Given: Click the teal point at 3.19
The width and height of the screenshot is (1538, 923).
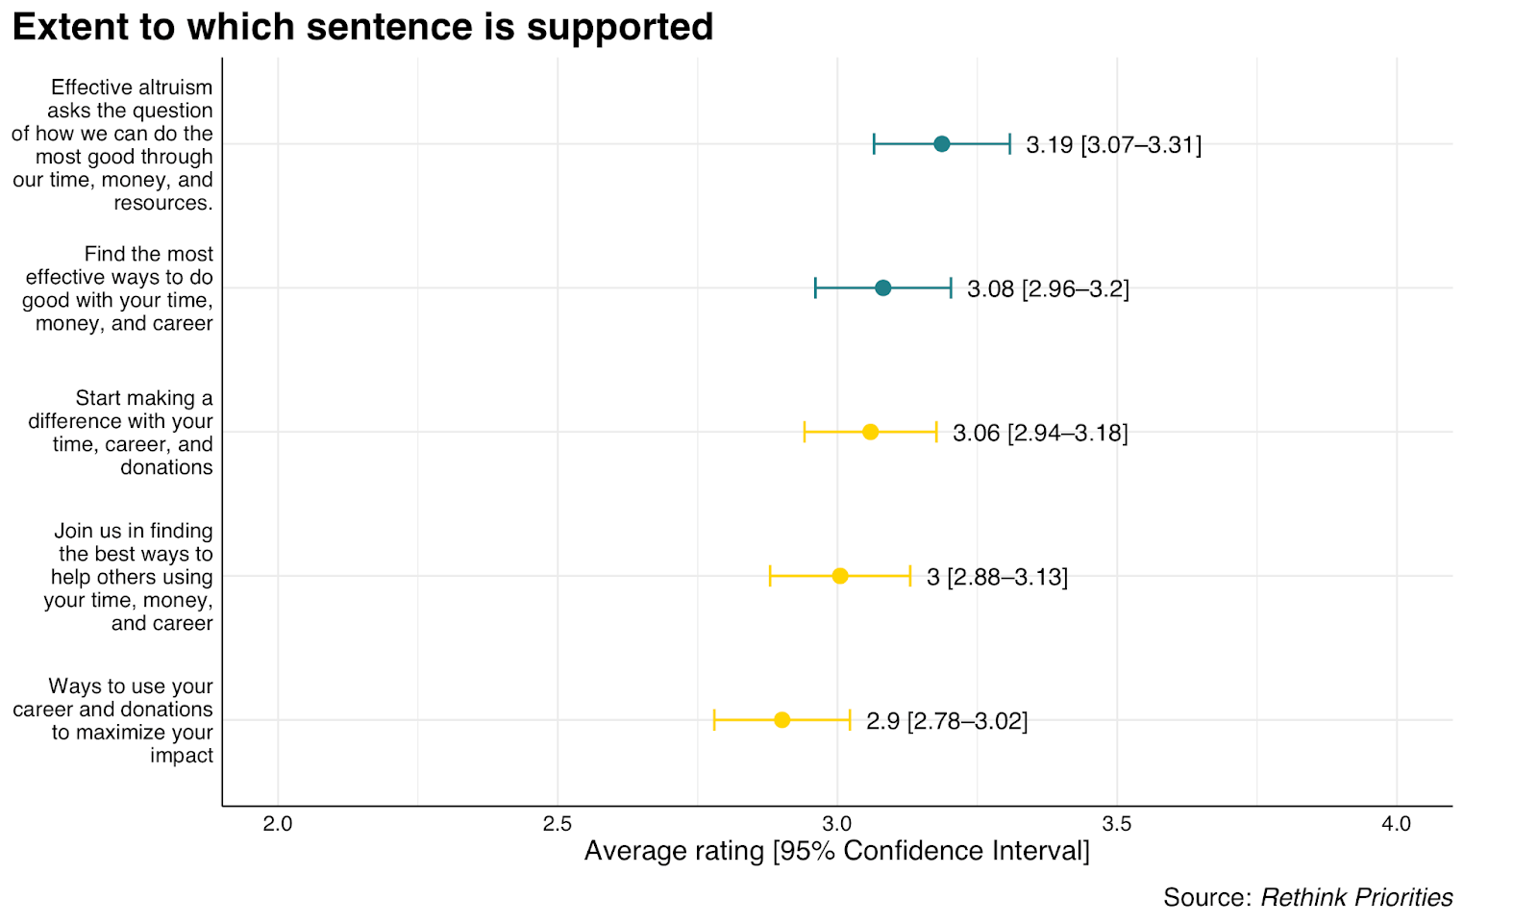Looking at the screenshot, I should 941,144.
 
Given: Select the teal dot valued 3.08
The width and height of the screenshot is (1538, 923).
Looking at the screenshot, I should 882,288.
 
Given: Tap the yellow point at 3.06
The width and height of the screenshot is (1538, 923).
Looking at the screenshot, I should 870,432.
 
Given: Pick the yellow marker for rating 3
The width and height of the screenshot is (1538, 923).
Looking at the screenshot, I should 839,576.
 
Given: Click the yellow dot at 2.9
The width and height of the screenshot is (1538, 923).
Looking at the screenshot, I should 781,720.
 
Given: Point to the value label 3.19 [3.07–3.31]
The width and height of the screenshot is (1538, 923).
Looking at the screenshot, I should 1113,145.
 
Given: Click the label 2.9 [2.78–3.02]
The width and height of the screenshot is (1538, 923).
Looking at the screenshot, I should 946,721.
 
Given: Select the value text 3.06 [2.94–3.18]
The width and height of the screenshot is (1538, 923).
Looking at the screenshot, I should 1039,433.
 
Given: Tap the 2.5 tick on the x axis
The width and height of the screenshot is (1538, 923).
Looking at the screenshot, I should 557,824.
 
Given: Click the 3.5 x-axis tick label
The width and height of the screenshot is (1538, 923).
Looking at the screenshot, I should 1116,824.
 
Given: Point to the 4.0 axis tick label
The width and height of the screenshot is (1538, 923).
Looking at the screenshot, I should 1396,824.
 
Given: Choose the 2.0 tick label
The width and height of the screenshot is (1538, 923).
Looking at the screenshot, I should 278,824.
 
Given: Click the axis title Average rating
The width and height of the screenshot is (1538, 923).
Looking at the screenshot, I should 836,851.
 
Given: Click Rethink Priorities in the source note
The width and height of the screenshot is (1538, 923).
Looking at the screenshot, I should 1355,897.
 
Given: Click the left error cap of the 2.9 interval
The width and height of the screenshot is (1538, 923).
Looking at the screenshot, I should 714,720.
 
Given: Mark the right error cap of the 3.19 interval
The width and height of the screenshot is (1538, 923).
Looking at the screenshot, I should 1009,144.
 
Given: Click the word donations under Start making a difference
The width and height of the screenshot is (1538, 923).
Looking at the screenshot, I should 166,467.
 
